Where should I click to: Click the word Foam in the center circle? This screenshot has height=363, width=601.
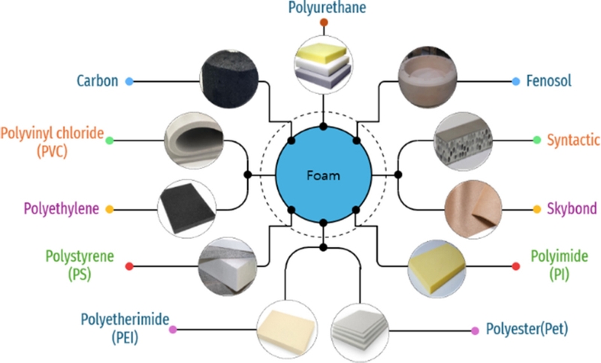pos(324,177)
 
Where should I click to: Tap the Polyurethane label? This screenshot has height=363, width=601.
pos(324,9)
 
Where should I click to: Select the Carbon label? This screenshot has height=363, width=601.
pos(98,80)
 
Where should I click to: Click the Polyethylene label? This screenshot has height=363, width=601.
pos(62,209)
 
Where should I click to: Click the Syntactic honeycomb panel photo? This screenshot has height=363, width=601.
pos(464,140)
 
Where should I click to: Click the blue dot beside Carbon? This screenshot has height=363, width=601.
pos(130,80)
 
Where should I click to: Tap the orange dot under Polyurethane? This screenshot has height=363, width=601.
pos(324,24)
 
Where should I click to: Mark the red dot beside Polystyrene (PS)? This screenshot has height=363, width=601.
pos(128,266)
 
